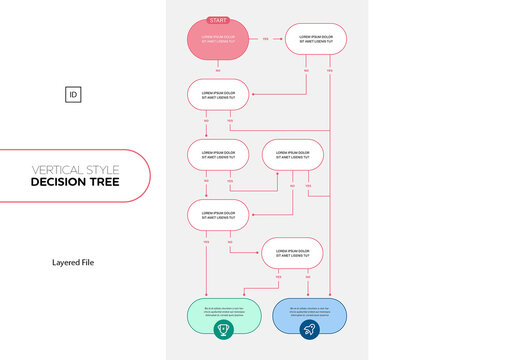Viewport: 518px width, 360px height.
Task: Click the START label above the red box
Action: [217, 20]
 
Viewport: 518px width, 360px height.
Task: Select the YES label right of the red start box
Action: [265, 39]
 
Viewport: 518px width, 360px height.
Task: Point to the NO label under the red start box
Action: [218, 70]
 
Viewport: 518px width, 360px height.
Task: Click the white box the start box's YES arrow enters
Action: [317, 39]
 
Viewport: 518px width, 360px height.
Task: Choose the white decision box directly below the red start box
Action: [217, 95]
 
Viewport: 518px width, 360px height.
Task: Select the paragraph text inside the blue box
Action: [309, 310]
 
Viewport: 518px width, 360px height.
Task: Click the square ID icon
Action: [73, 95]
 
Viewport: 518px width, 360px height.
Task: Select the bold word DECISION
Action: [61, 182]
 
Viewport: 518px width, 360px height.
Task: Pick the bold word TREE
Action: [105, 182]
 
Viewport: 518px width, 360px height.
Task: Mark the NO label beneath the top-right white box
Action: [305, 71]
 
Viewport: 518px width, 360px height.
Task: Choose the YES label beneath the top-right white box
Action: [329, 71]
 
